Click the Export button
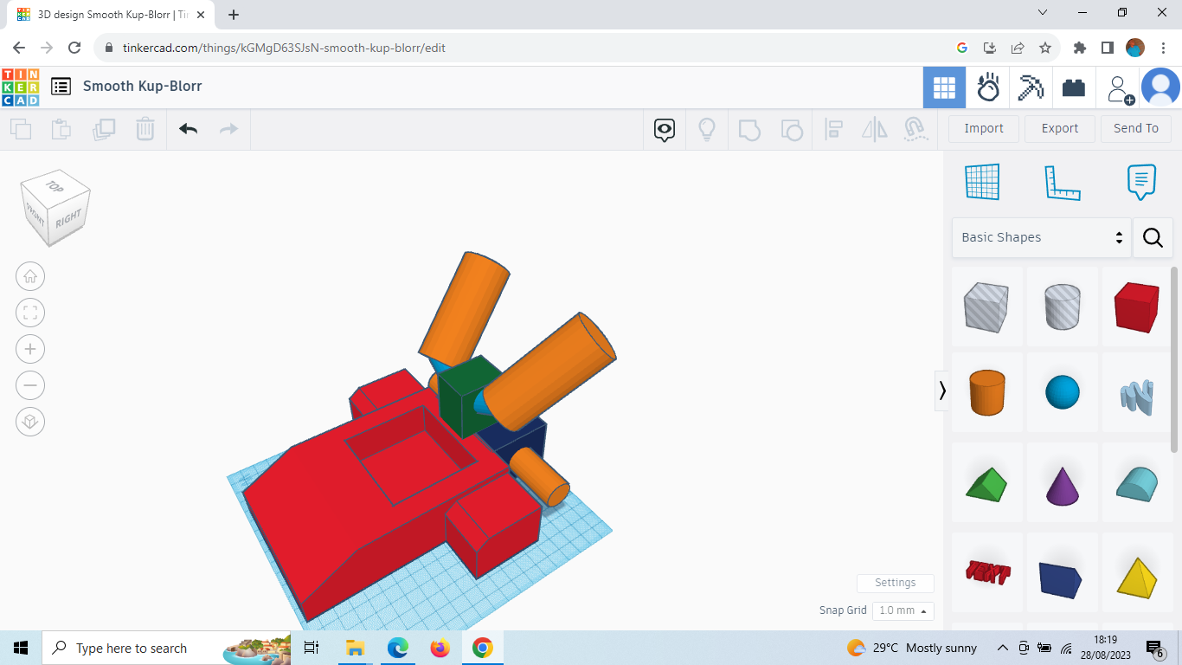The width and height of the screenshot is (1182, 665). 1059,128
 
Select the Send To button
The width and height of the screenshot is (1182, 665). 1135,128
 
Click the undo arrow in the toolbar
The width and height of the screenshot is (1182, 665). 188,129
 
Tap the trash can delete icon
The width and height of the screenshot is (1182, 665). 145,129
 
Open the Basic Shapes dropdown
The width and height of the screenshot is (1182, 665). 1041,237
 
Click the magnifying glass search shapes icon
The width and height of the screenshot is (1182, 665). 1153,237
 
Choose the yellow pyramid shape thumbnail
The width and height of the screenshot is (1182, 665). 1136,576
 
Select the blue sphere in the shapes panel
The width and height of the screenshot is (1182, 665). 1063,392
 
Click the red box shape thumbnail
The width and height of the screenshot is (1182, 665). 1136,307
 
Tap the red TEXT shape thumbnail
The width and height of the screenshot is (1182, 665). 986,572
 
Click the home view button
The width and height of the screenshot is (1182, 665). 30,277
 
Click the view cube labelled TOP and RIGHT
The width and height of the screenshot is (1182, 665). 55,208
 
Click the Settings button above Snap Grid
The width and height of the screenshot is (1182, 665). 895,583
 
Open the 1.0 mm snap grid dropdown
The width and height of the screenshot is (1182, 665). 903,610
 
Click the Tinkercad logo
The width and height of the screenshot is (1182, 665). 20,87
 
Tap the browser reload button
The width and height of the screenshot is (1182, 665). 74,48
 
